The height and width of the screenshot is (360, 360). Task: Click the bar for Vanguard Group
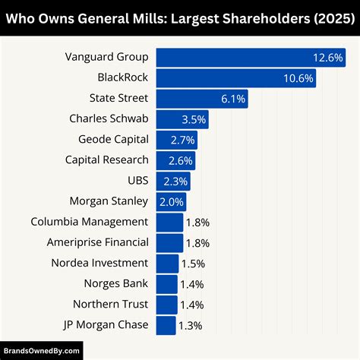coord(251,58)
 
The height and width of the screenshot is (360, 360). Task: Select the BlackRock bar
coord(235,78)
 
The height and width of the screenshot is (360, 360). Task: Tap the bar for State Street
coord(201,99)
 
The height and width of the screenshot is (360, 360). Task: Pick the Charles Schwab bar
coord(182,119)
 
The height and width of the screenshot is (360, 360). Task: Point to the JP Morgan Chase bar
coord(166,325)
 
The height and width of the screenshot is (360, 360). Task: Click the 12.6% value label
coord(328,58)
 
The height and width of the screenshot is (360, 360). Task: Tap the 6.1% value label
coord(232,99)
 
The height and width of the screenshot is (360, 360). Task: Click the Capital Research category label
coord(107,160)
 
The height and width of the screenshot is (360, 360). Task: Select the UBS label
coord(137,181)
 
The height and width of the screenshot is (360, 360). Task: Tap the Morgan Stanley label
coord(109,201)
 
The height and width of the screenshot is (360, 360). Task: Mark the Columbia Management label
coord(89,222)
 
